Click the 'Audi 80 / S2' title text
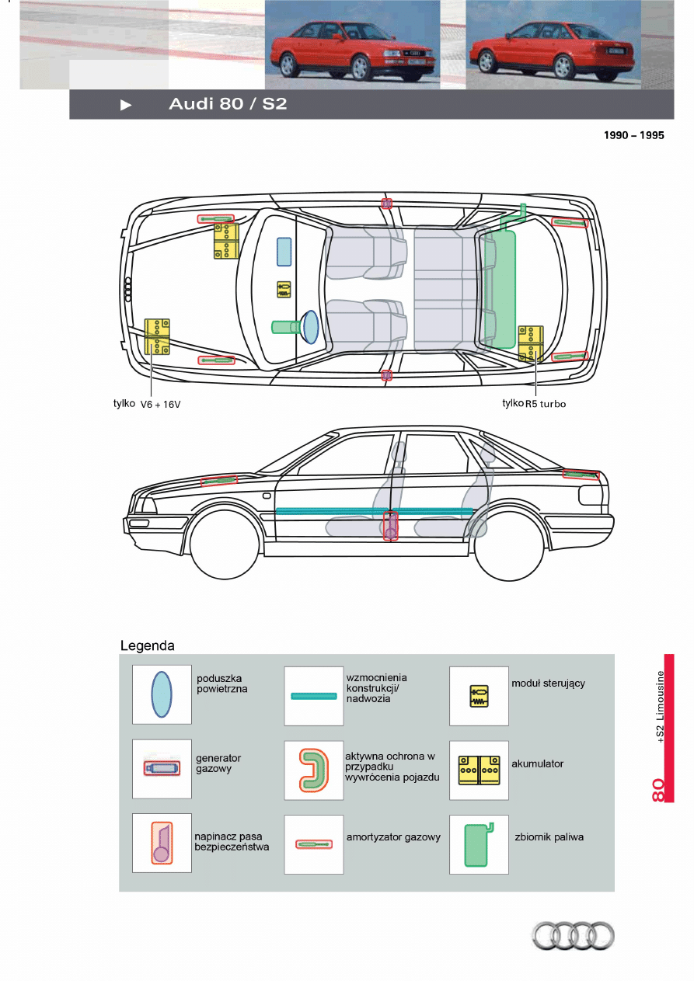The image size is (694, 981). pos(228,104)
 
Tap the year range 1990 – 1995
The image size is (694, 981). pos(634,135)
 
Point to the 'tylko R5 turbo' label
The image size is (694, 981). pos(534,404)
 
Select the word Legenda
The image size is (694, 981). pos(147,645)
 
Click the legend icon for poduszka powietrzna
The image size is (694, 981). pos(162,695)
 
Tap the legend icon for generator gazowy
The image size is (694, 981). pos(162,768)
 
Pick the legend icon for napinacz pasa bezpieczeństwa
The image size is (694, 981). pos(162,843)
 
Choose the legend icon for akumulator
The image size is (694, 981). pos(479,770)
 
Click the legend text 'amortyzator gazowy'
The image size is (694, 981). pos(393,837)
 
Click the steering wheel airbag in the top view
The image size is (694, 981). pos(310,327)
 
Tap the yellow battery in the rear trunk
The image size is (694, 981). pos(531,344)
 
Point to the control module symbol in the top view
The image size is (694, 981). pos(284,290)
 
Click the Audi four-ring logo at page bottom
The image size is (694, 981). pos(573,935)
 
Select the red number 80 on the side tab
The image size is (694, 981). pos(657,790)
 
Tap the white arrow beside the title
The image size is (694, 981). pos(126,105)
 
